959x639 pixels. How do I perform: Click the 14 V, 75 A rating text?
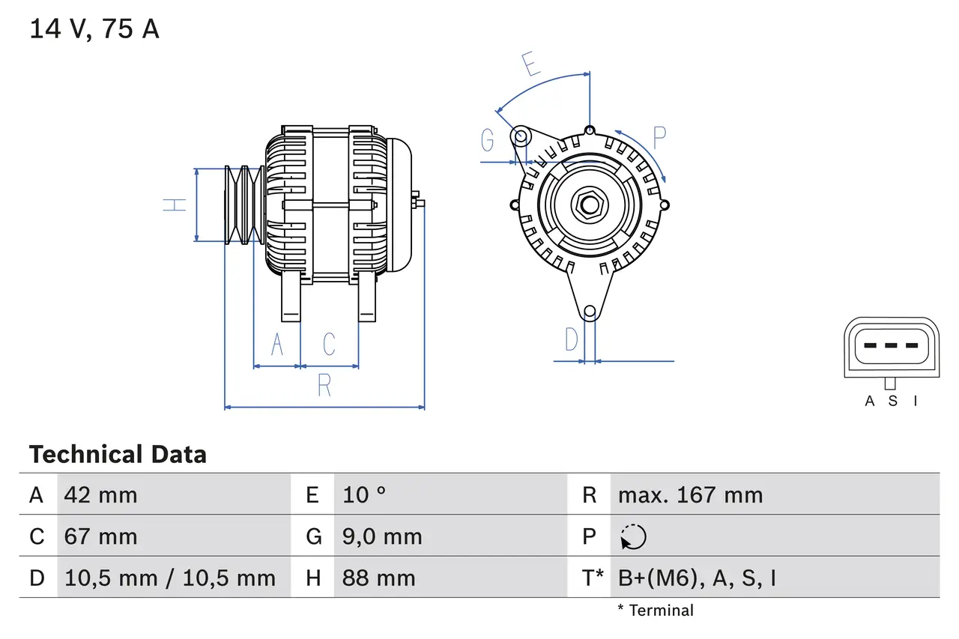94,29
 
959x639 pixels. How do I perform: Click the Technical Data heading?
118,455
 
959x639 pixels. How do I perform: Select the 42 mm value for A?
100,495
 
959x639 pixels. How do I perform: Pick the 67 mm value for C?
100,536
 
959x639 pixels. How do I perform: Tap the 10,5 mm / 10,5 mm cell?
170,578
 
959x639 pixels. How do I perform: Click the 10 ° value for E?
364,495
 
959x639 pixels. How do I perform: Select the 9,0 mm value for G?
382,536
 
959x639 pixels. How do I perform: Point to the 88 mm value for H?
378,578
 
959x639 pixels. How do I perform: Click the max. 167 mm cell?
690,495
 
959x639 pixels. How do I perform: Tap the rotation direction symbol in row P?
633,536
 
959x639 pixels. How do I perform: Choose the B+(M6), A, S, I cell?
697,578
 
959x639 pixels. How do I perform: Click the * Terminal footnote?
656,611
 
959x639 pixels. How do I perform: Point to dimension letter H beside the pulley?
175,205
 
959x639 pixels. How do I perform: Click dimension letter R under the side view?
324,385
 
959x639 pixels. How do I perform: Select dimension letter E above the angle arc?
531,65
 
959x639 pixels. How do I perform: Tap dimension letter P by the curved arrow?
659,138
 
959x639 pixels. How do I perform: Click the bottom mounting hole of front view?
590,311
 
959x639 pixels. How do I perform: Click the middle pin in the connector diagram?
891,345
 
